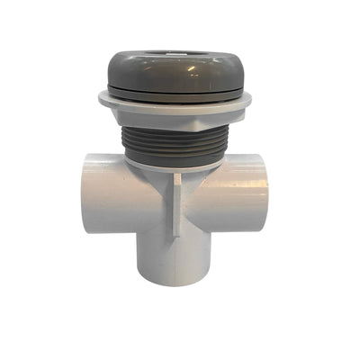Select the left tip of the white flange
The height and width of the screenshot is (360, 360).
click(x=101, y=98)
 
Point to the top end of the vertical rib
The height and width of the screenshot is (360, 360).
click(x=177, y=176)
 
